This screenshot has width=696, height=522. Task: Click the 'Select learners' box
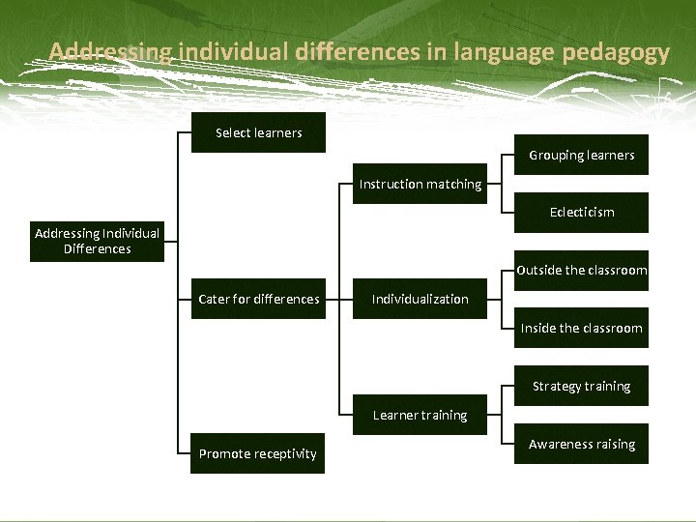pyautogui.click(x=258, y=133)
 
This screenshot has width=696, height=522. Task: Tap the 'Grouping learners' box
pyautogui.click(x=581, y=155)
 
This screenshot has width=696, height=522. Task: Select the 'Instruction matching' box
pyautogui.click(x=420, y=184)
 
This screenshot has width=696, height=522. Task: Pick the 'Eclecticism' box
pyautogui.click(x=581, y=212)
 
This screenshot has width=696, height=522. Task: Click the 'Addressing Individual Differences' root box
pyautogui.click(x=97, y=241)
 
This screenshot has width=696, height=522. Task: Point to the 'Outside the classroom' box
pyautogui.click(x=581, y=271)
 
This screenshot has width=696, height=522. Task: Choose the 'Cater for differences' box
pyautogui.click(x=258, y=299)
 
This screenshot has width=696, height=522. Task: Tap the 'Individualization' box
pyautogui.click(x=420, y=299)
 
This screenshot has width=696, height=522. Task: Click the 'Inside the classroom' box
pyautogui.click(x=581, y=328)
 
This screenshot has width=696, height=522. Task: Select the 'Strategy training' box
pyautogui.click(x=581, y=386)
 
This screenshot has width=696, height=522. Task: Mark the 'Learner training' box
pyautogui.click(x=420, y=415)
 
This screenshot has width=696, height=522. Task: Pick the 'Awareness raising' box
pyautogui.click(x=581, y=444)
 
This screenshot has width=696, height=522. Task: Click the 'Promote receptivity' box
pyautogui.click(x=258, y=453)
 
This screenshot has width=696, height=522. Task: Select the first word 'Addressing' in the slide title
pyautogui.click(x=107, y=52)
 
